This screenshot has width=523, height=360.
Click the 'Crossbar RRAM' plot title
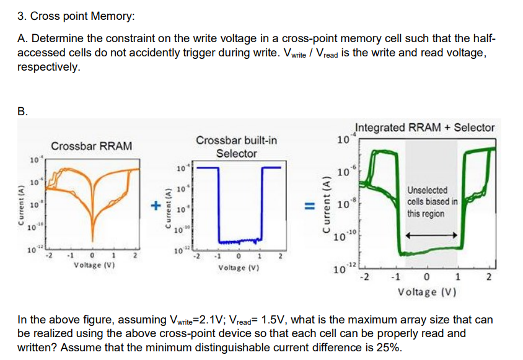(91, 146)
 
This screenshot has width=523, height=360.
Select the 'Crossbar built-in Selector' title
(236, 147)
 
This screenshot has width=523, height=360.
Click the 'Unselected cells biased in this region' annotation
(433, 201)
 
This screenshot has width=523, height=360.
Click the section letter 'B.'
(23, 112)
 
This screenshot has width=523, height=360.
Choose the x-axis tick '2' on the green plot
(490, 277)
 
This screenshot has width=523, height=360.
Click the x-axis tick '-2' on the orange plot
(49, 255)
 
